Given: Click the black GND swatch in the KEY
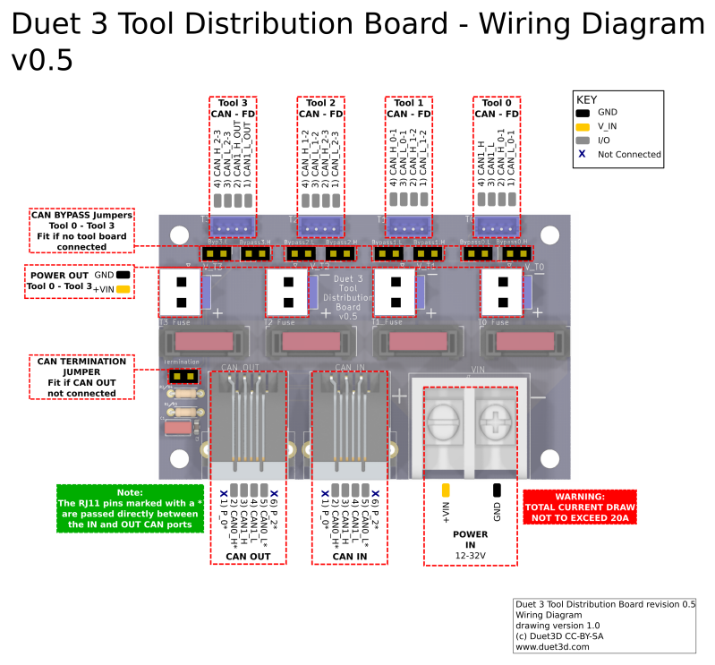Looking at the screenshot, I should pyautogui.click(x=583, y=113).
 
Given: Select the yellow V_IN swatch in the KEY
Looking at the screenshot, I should pyautogui.click(x=583, y=126).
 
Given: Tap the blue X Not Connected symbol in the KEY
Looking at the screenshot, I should pyautogui.click(x=583, y=154).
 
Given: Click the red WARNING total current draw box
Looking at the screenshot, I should pyautogui.click(x=579, y=507).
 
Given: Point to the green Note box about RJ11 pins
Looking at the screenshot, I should pyautogui.click(x=130, y=508).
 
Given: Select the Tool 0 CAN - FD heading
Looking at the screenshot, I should pyautogui.click(x=497, y=108).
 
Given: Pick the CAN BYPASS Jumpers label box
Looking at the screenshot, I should pyautogui.click(x=81, y=230).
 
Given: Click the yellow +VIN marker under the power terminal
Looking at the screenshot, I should pyautogui.click(x=446, y=490).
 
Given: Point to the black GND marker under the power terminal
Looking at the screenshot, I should pyautogui.click(x=497, y=490).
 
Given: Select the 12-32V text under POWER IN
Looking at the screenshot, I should pyautogui.click(x=470, y=556).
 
